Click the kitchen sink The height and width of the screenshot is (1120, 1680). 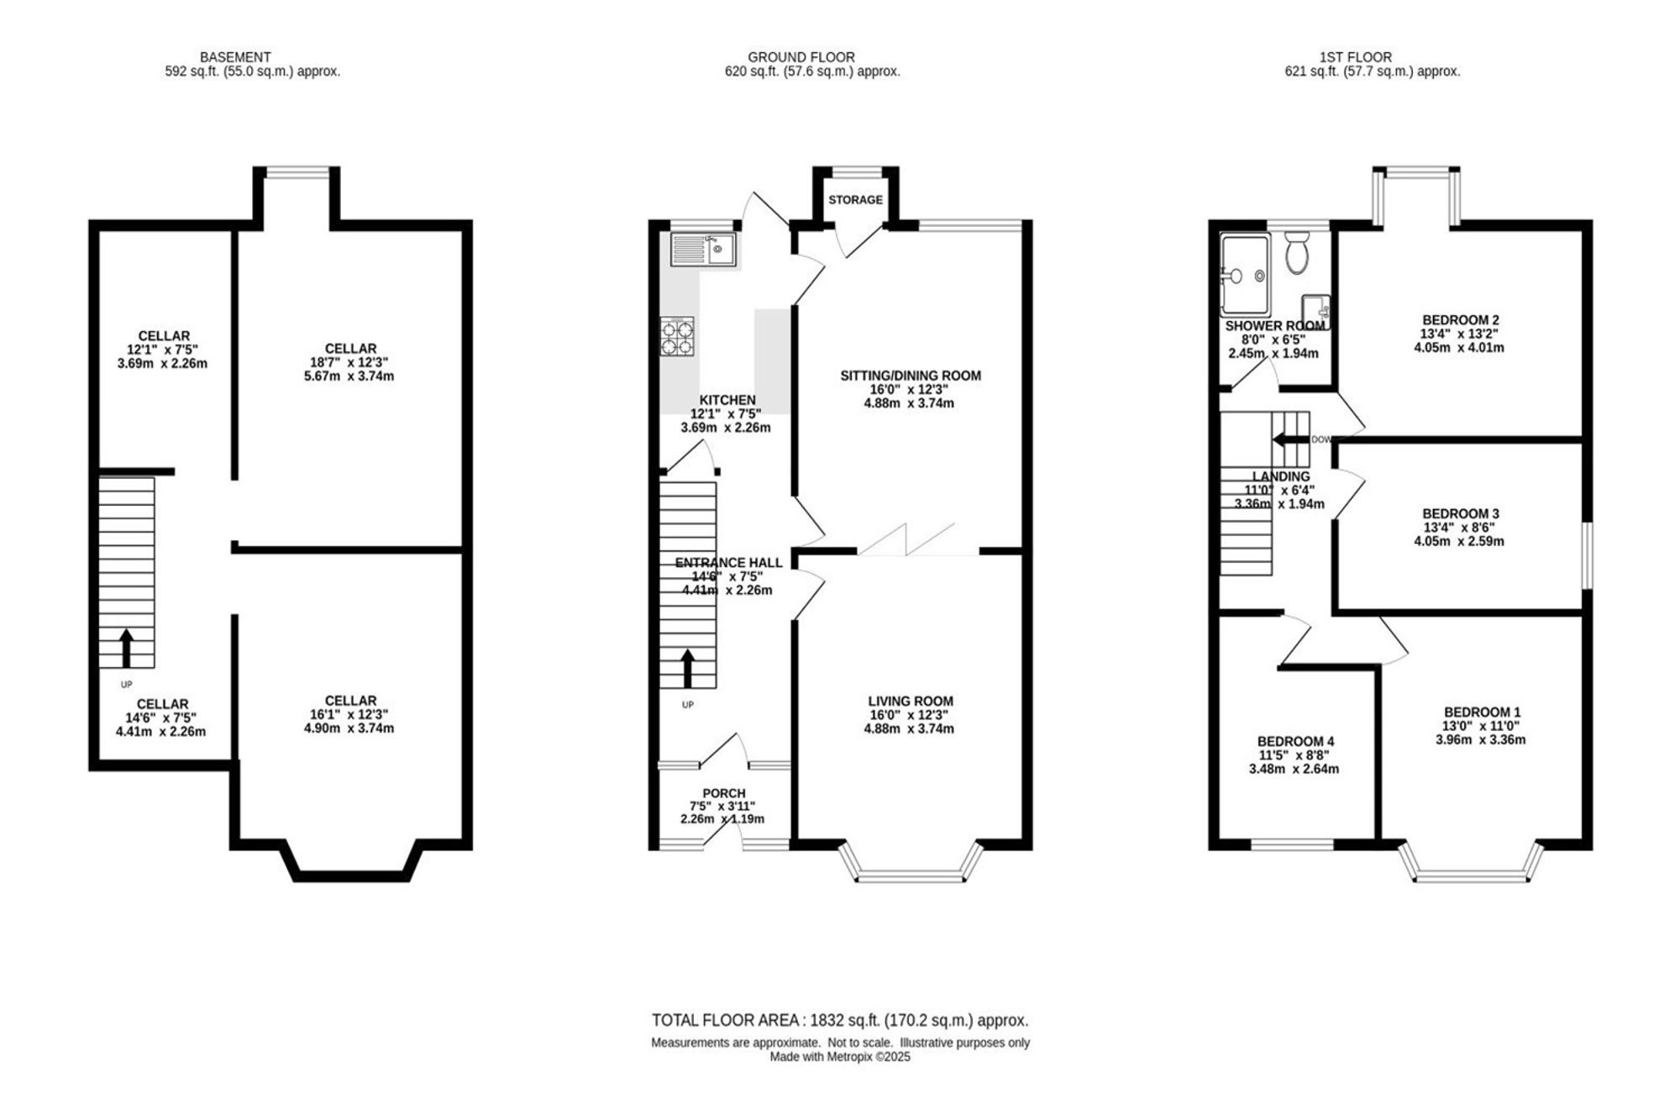[x=703, y=250]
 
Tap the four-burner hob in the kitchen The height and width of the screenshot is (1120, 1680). [x=677, y=336]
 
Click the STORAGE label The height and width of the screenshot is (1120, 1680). [x=855, y=200]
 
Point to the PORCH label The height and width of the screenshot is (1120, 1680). [x=724, y=793]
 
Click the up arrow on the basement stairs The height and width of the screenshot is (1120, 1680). [x=126, y=648]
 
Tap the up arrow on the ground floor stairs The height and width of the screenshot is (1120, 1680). [x=687, y=669]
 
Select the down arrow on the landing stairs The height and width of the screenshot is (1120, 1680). [x=1291, y=439]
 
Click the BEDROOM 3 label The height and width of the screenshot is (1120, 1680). [x=1460, y=513]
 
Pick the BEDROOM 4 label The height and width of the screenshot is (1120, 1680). [x=1295, y=741]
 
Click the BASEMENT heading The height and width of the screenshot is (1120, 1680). [x=235, y=57]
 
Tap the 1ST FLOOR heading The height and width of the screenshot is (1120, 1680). [x=1355, y=57]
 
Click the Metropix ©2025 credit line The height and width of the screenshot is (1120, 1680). [x=840, y=1057]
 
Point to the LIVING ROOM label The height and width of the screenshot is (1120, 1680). [x=911, y=701]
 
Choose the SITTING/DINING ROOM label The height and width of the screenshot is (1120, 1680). [x=911, y=376]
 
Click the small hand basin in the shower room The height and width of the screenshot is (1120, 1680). [x=1315, y=309]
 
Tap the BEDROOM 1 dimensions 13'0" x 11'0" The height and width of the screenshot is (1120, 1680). [x=1481, y=726]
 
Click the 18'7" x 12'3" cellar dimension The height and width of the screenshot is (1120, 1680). [x=350, y=362]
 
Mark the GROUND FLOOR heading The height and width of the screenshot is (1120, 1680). [x=801, y=57]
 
